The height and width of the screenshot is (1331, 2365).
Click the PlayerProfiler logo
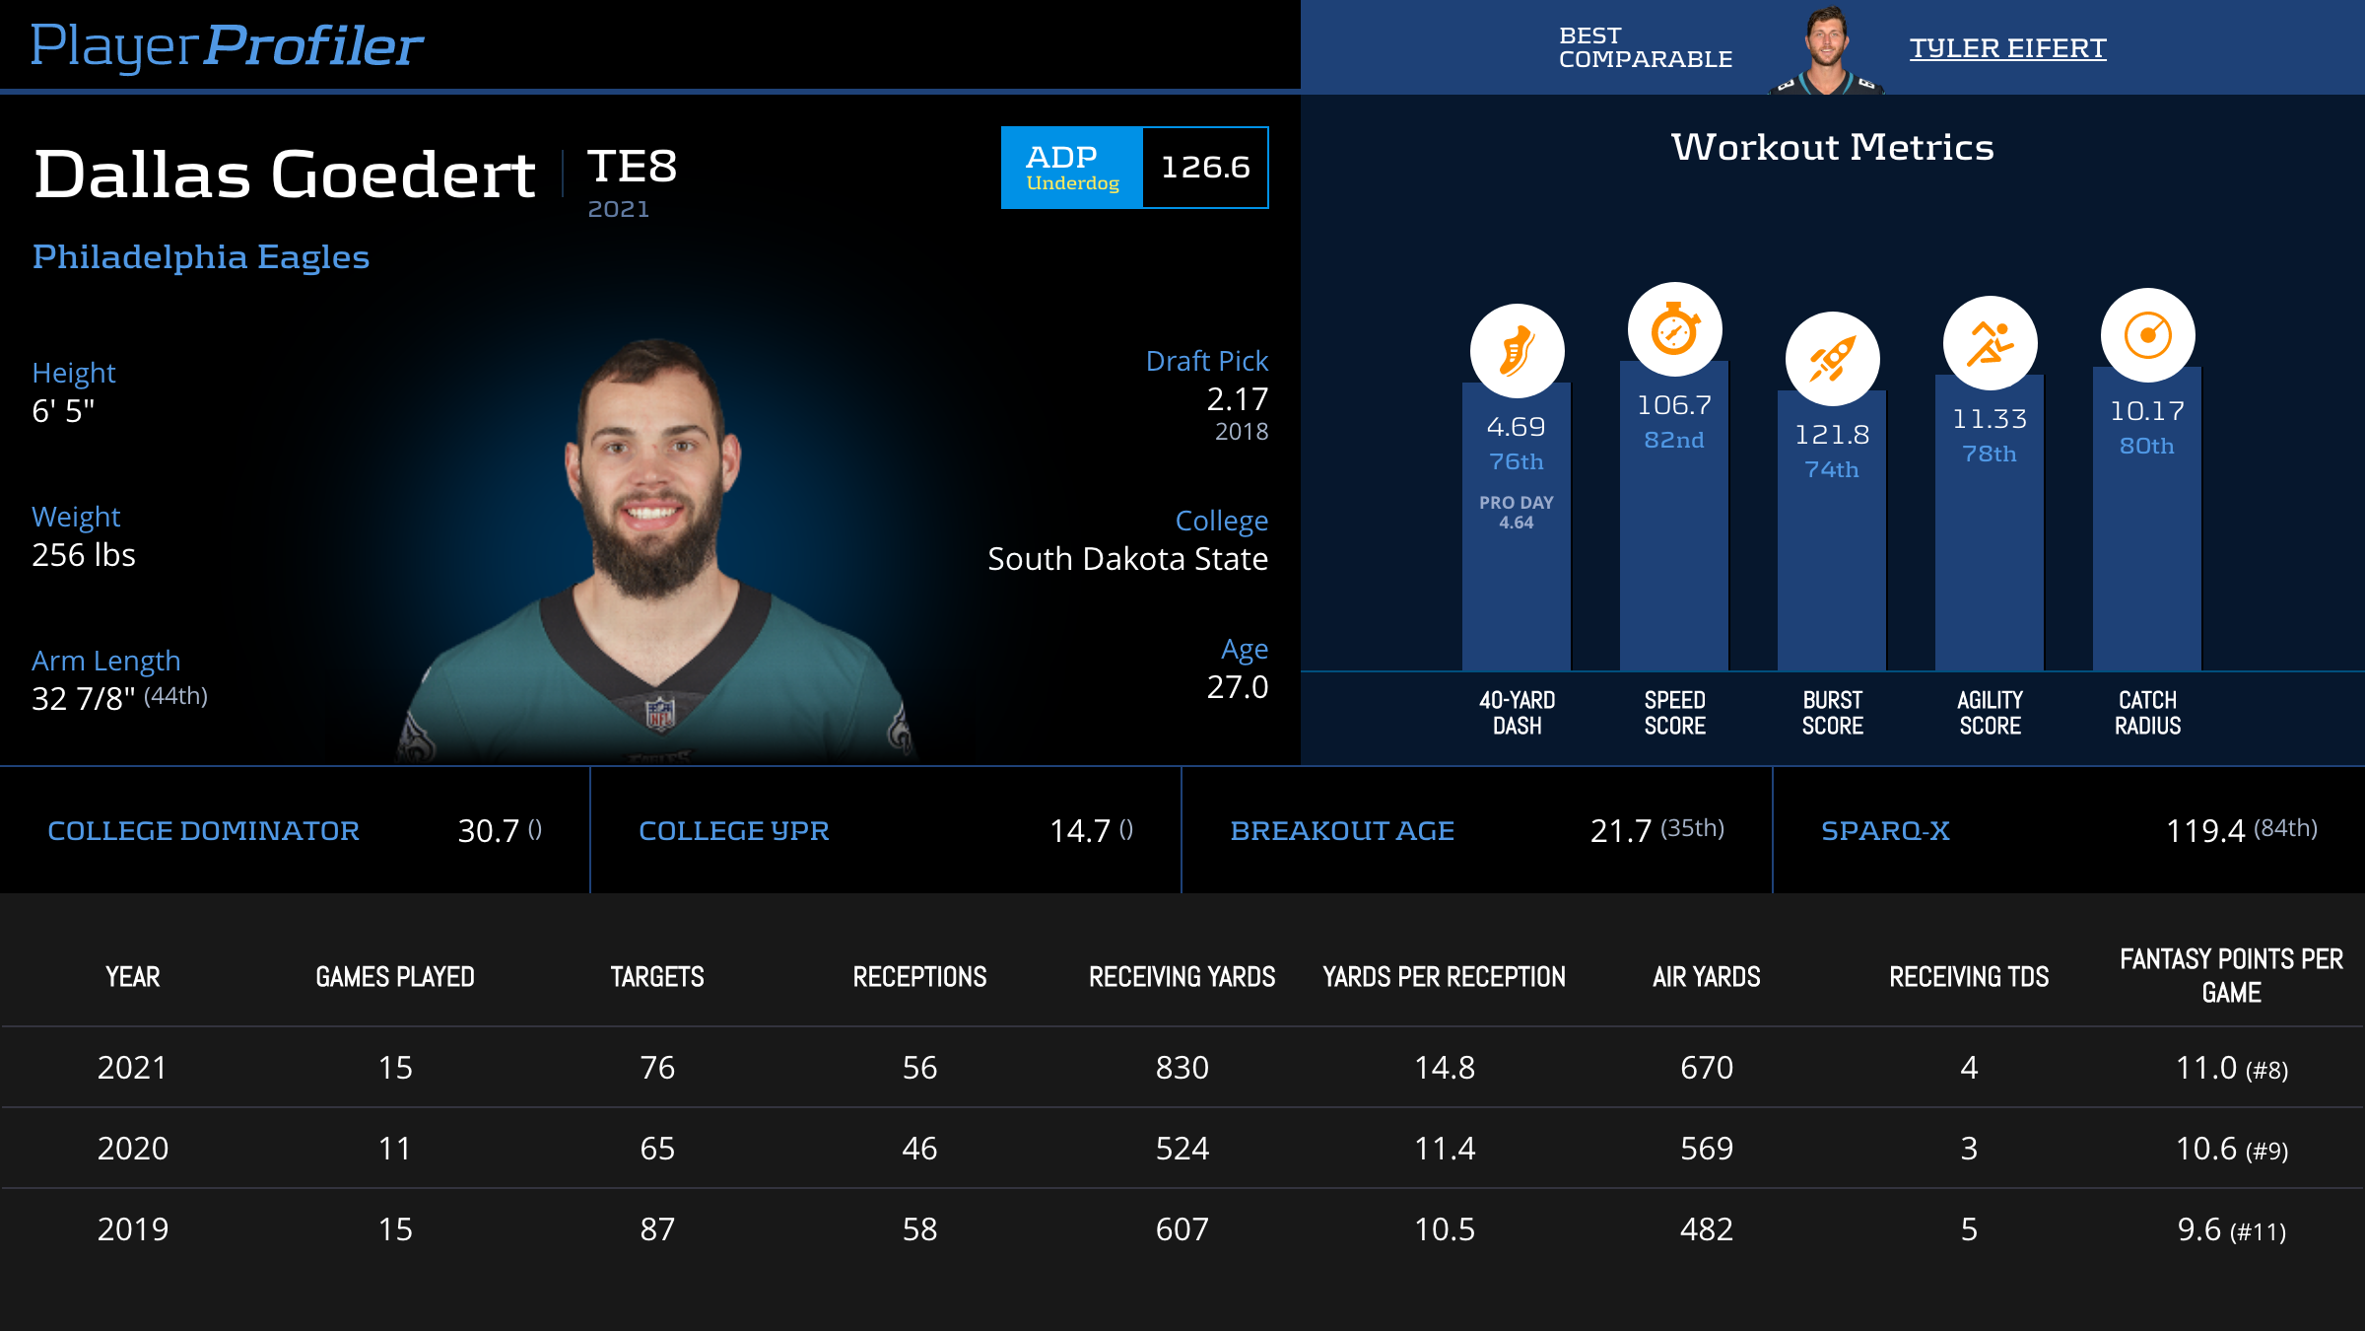227,45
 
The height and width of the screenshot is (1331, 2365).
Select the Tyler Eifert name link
2007,47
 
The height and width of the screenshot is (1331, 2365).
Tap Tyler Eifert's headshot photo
1826,49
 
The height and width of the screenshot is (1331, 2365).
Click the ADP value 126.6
1205,168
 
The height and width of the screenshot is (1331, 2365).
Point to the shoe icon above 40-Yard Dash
1517,351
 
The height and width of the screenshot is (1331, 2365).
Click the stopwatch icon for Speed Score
1674,329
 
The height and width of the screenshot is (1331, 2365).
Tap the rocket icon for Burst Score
1832,359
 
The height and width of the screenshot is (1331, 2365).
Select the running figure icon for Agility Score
1990,343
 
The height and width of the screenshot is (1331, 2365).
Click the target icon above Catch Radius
2147,335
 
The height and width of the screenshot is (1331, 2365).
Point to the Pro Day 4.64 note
1517,513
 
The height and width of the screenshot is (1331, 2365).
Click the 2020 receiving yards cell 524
1182,1149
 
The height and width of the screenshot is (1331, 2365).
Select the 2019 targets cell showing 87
657,1229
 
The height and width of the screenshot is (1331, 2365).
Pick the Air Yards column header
1706,977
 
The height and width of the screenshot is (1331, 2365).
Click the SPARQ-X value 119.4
2205,831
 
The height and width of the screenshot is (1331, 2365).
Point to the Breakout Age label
1341,831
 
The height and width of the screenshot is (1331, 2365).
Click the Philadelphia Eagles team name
201,257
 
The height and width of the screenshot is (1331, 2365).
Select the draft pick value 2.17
1237,399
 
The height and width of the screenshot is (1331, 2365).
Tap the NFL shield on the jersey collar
659,711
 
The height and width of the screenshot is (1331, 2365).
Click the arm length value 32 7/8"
84,699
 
